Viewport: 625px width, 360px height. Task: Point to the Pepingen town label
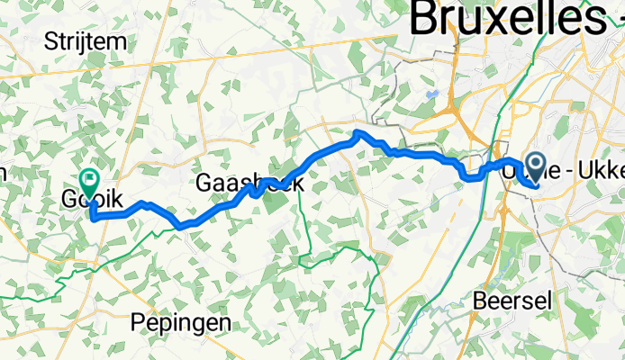[179, 322]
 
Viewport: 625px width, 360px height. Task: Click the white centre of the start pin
[536, 163]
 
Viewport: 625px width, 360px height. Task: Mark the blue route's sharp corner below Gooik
[93, 217]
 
